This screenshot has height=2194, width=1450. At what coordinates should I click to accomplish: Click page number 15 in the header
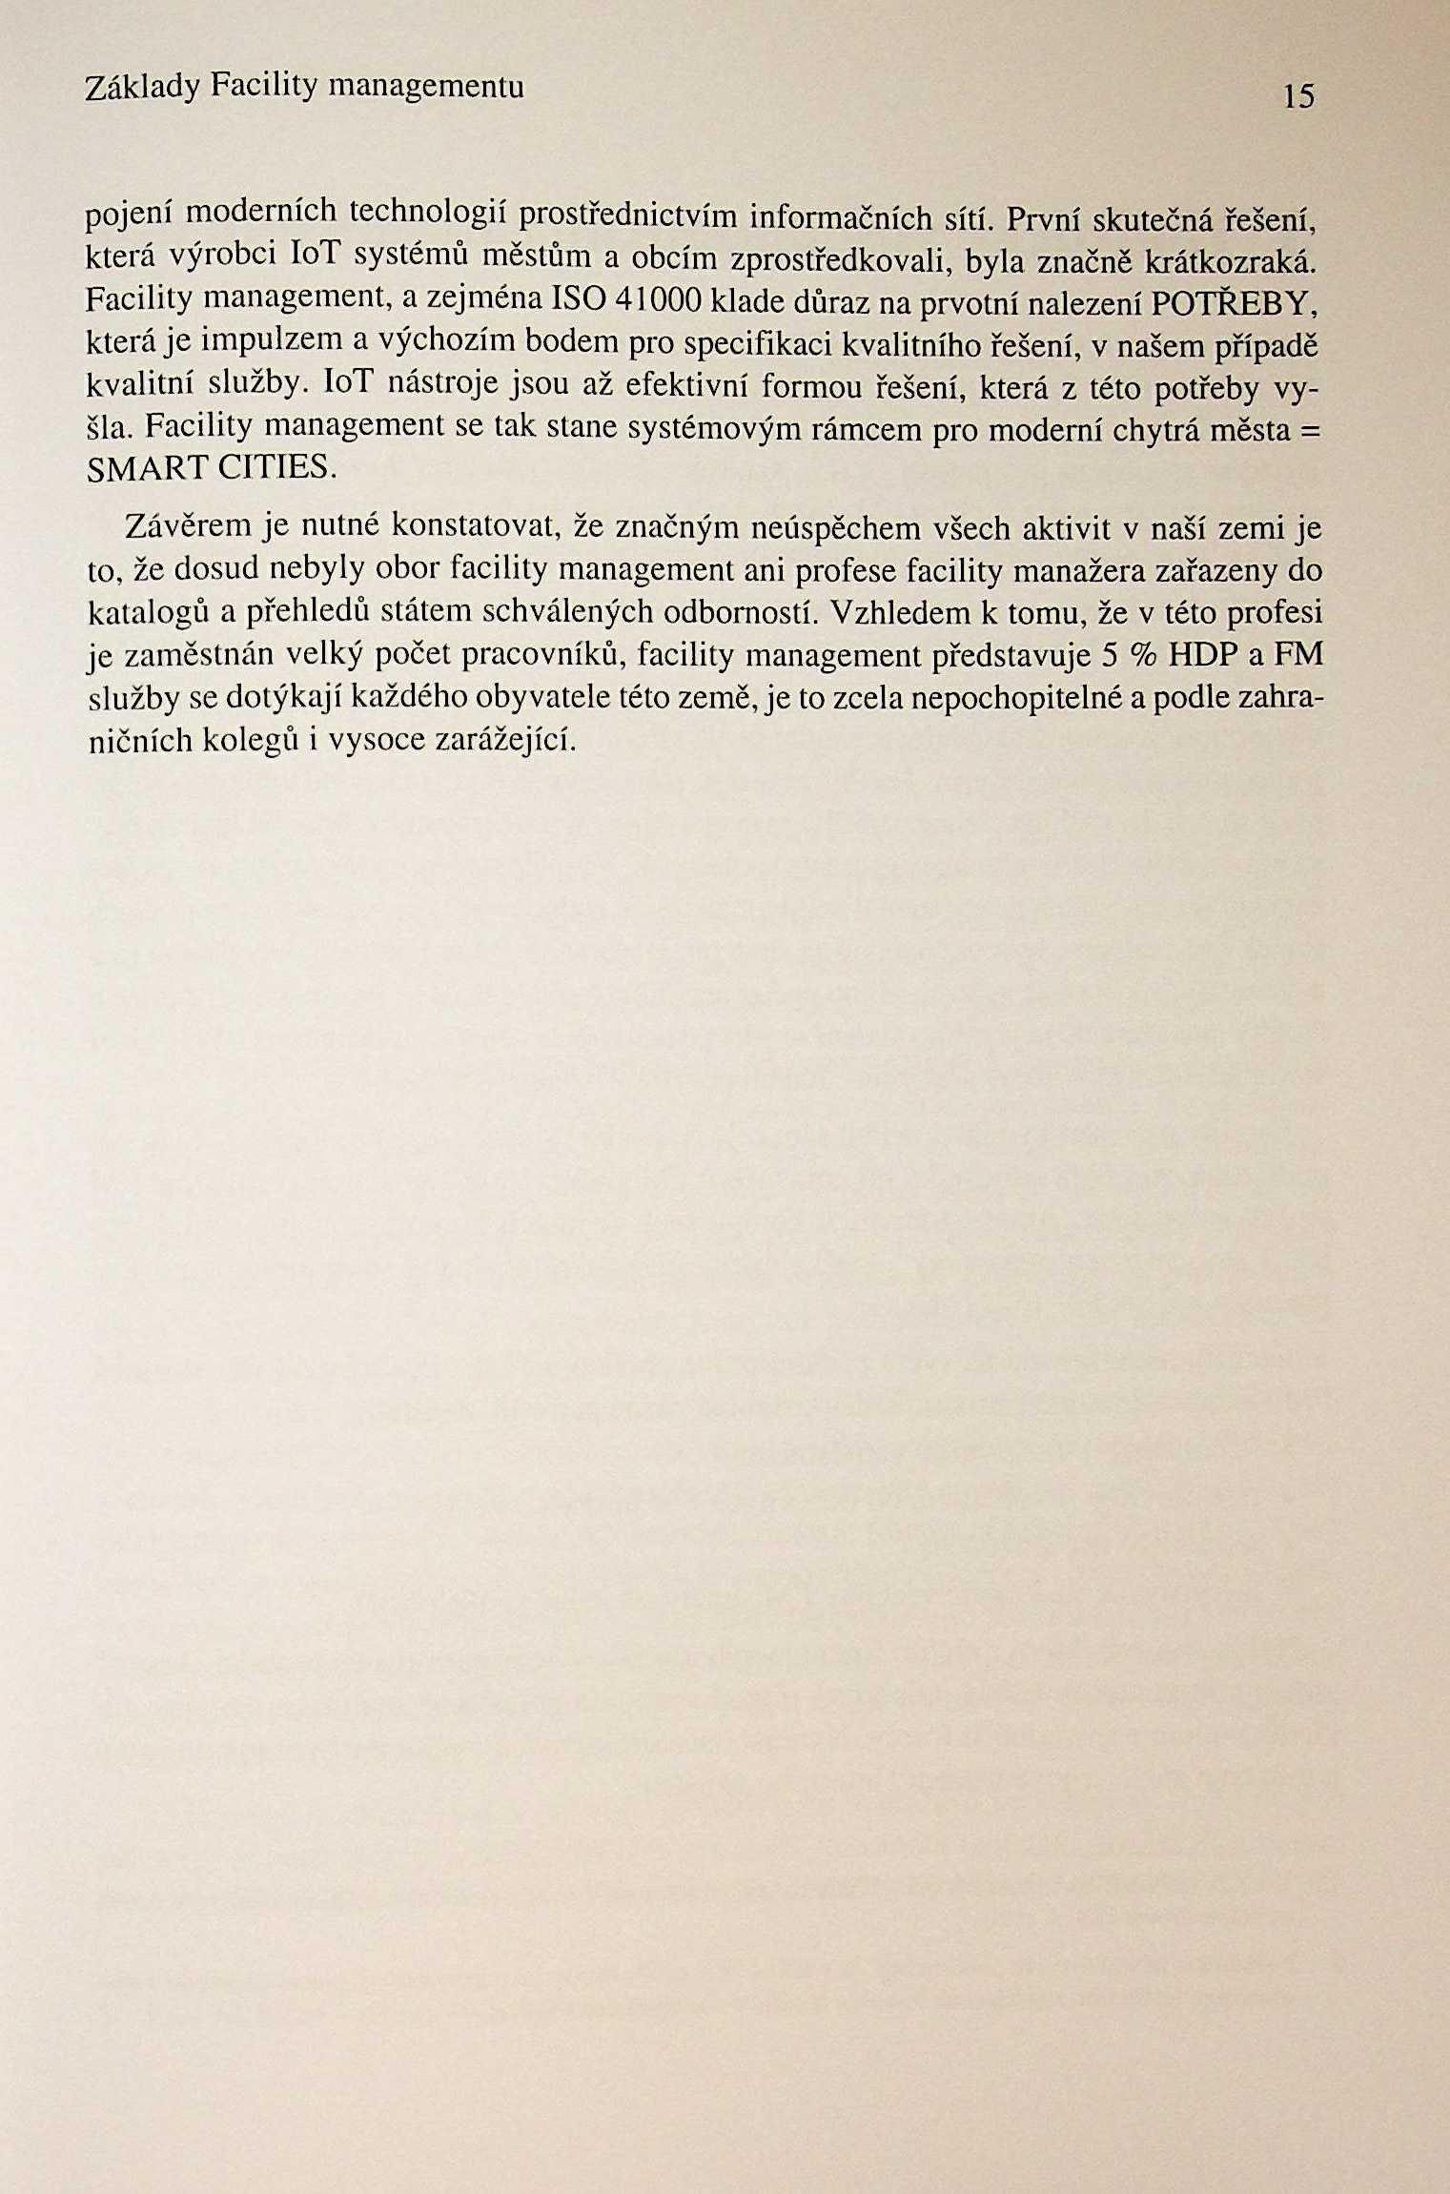(1298, 96)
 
